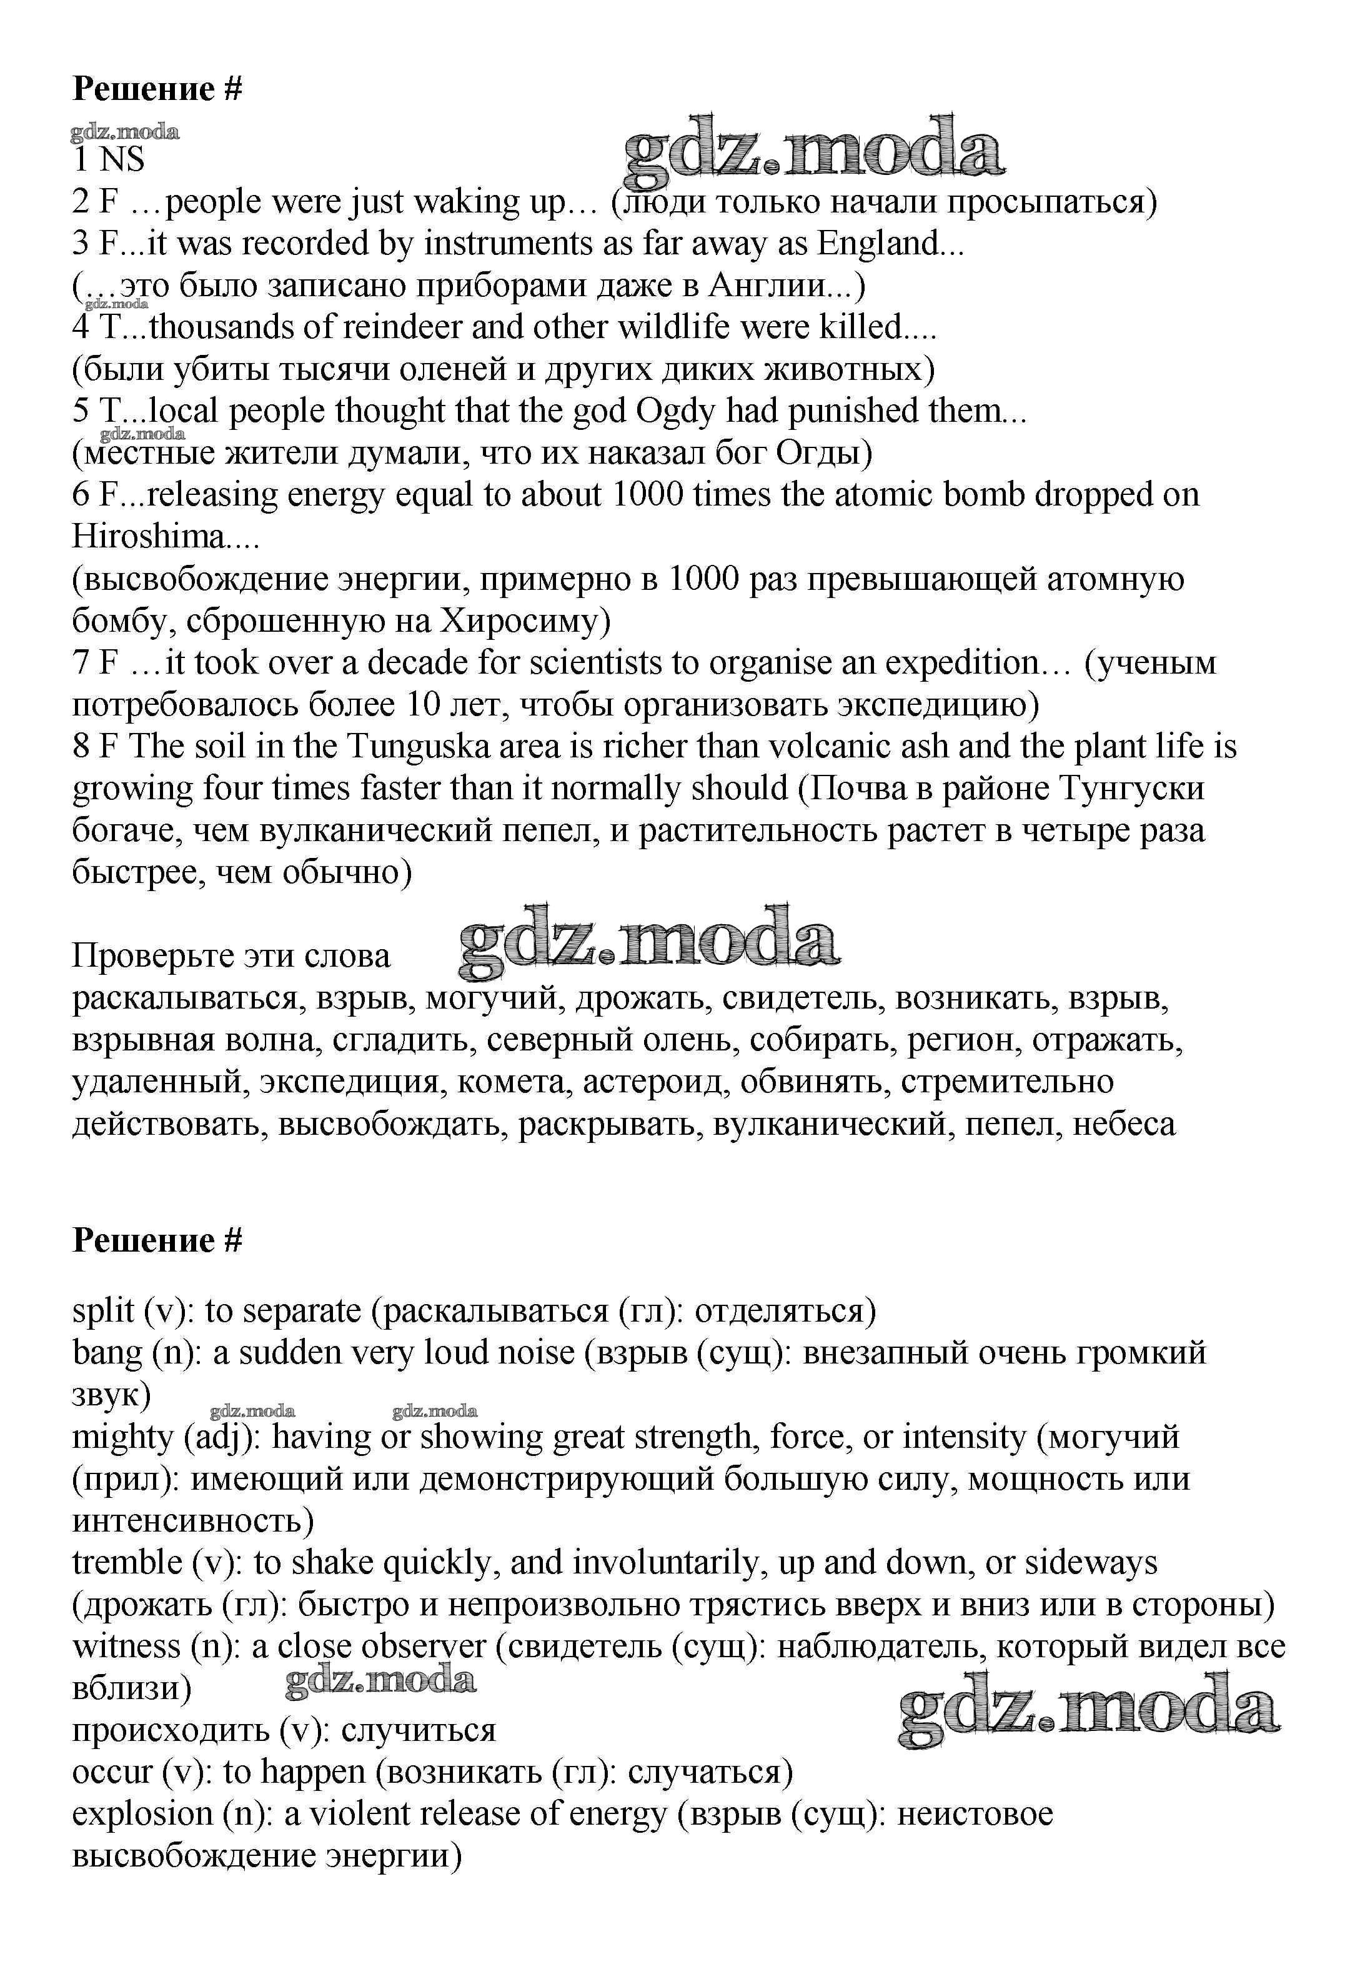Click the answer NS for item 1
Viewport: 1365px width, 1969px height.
point(122,160)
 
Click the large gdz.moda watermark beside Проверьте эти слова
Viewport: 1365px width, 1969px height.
point(648,942)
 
